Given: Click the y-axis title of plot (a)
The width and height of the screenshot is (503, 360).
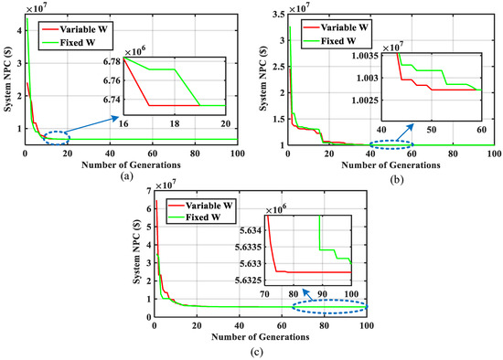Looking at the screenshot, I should point(7,82).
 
